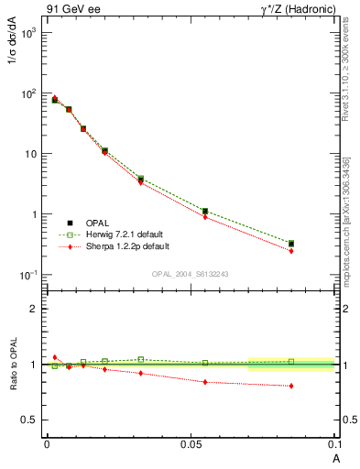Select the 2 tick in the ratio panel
coord(32,309)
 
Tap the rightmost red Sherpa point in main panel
coord(291,250)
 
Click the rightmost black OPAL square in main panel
coord(291,244)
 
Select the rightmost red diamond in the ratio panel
coord(291,386)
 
